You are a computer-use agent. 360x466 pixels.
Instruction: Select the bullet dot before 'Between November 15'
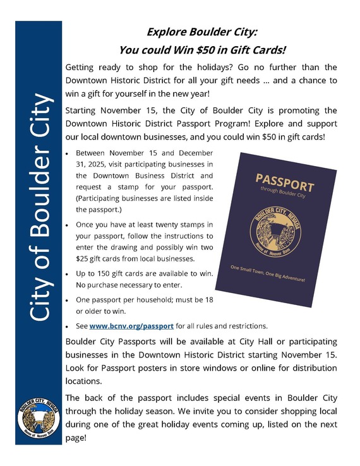[68, 153]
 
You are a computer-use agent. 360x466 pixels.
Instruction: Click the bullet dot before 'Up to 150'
[68, 272]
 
